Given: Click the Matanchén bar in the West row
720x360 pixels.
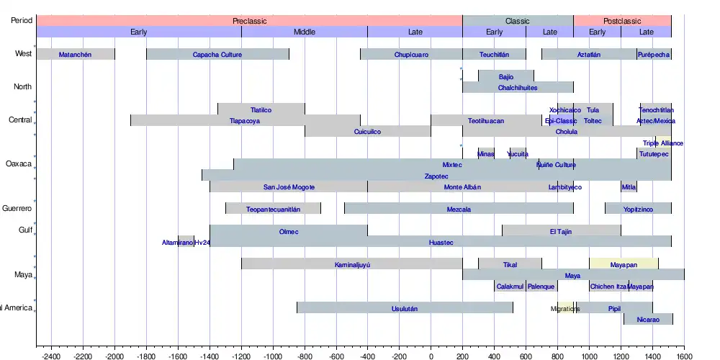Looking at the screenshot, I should point(75,55).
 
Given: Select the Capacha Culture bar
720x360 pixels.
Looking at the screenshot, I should point(217,55).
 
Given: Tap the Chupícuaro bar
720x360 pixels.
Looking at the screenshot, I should point(411,55).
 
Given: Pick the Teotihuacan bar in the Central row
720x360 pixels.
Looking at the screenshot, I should point(486,121).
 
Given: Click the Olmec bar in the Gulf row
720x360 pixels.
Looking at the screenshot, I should point(288,231).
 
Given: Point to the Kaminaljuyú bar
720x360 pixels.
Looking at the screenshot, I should point(352,264).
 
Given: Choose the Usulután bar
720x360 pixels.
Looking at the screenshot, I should point(405,308).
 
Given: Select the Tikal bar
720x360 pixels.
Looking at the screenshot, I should point(510,264).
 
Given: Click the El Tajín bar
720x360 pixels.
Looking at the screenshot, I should point(562,231).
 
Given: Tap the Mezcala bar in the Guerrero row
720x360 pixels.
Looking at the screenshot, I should point(459,209).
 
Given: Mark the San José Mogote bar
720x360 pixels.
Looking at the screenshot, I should point(289,187).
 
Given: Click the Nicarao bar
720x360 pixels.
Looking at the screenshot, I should point(648,319).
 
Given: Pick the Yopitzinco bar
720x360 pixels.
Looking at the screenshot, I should point(638,209).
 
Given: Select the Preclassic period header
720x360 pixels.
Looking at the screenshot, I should point(249,21).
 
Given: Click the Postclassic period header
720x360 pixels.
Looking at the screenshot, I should point(622,21).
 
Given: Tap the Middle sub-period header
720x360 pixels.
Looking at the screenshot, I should point(305,32).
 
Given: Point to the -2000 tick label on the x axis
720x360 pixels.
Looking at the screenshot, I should point(114,356).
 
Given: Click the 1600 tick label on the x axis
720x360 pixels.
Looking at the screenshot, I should point(684,356).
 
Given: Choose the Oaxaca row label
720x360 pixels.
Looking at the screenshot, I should point(19,164).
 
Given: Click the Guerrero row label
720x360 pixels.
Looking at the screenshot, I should point(17,209).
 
